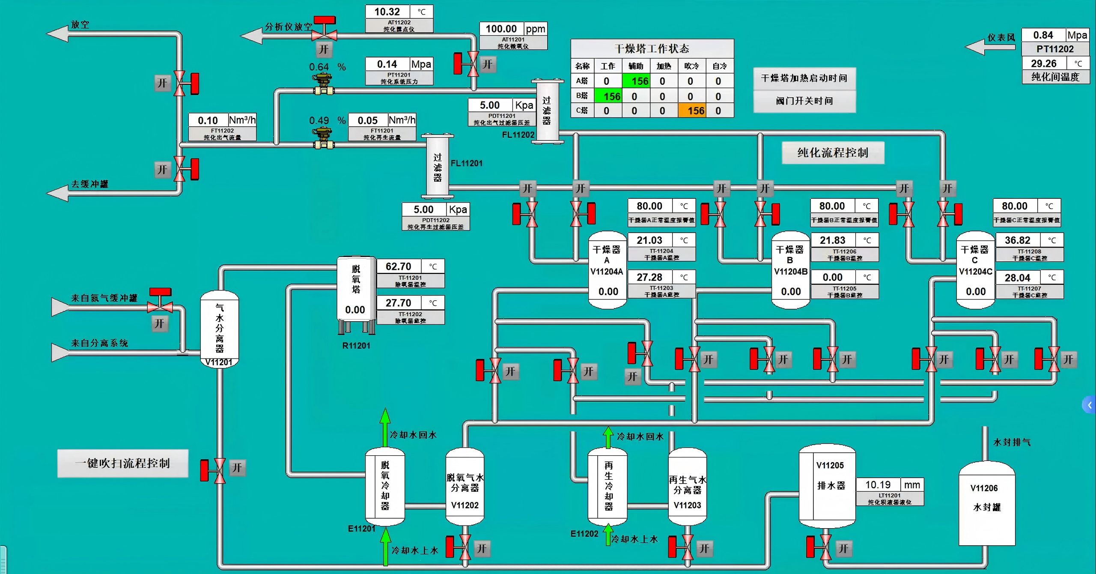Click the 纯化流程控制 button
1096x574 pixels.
833,153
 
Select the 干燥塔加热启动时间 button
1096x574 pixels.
804,78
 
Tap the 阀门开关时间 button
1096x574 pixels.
804,101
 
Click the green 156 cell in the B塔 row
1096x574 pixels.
608,96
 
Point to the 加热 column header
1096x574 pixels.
664,66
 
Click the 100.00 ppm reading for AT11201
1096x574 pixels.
501,29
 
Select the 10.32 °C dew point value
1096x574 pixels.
387,12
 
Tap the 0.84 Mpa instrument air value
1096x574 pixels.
1043,35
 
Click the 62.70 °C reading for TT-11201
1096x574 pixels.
399,266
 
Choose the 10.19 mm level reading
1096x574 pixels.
878,485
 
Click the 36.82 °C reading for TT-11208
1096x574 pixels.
1017,240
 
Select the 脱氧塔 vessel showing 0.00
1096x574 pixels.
356,291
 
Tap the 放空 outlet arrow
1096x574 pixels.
58,33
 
